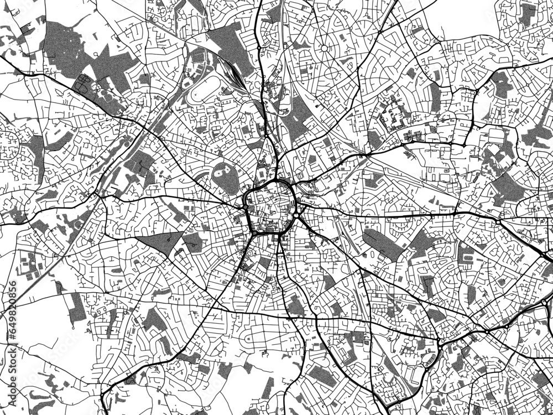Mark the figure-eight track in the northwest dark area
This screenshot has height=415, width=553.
click(85, 84)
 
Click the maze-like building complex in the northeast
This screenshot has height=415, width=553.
click(396, 116)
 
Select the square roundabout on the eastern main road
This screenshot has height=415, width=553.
click(498, 222)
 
